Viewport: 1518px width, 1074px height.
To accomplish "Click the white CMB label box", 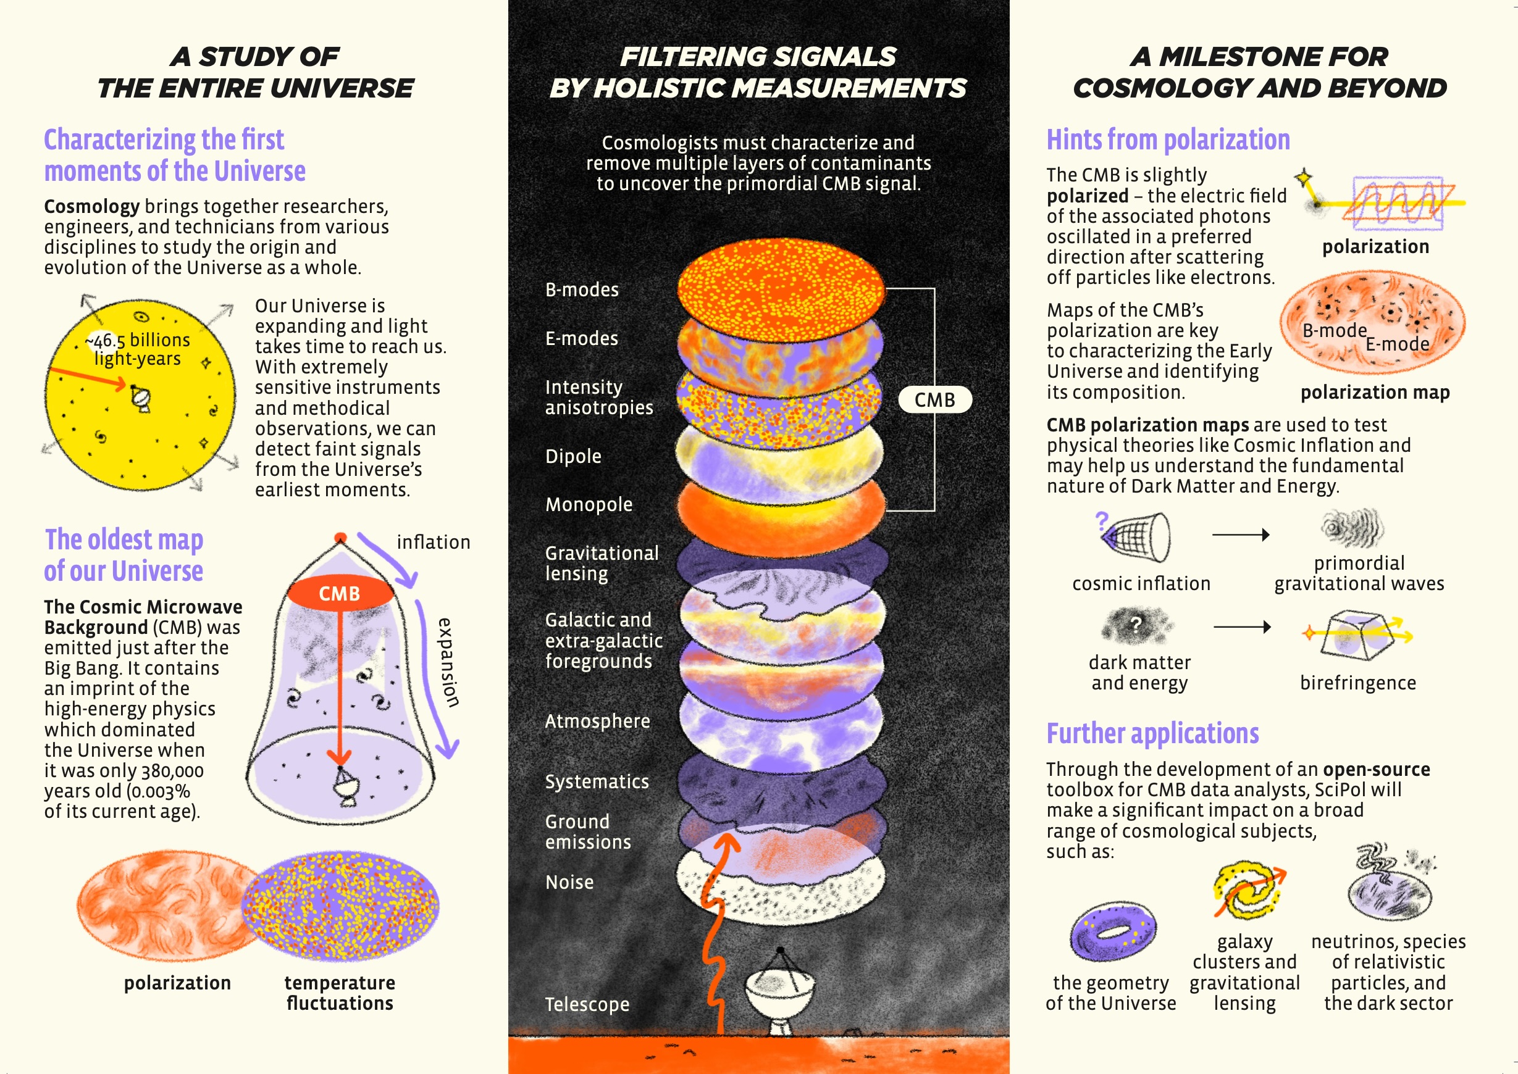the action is pos(934,399).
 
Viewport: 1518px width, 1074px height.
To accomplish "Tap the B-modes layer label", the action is pos(582,289).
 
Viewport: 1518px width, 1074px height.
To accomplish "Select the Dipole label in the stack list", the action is pos(573,456).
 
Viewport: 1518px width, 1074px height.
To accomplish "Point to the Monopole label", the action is pos(589,505).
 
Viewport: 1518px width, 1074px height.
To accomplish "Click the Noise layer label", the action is pos(569,882).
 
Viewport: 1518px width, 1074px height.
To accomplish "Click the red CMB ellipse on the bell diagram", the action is pos(340,593).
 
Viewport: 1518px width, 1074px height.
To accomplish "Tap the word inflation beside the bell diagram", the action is pos(434,543).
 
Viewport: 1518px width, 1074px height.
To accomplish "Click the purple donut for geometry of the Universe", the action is pos(1113,931).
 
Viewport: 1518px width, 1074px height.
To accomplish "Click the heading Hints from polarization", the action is pos(1168,139).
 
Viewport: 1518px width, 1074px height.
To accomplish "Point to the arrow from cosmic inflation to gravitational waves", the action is pos(1241,535).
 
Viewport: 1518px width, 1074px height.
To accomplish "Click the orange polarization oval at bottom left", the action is pos(169,906).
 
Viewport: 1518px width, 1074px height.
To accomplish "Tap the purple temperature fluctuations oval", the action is pos(340,905).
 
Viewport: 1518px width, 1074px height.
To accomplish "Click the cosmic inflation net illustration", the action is pos(1134,536).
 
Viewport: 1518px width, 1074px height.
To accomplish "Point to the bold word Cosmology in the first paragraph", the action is pos(92,206).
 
